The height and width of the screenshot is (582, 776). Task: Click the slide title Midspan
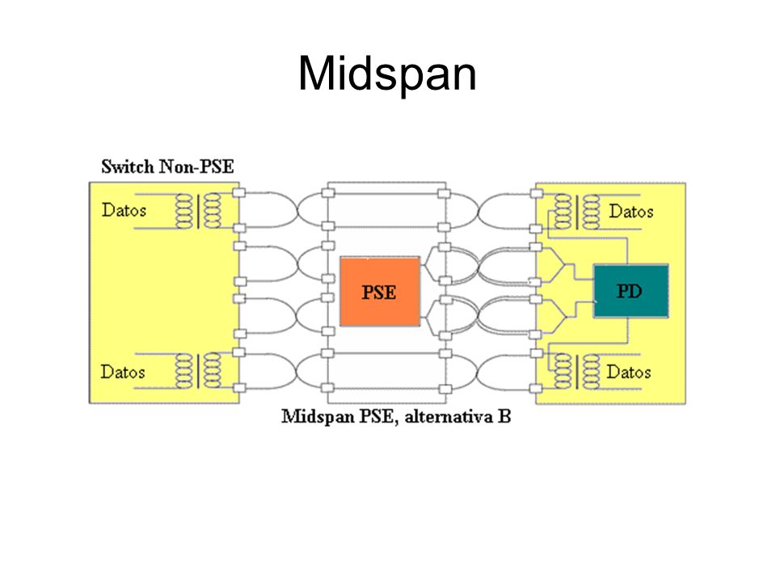click(387, 74)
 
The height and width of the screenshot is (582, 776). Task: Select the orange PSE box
click(380, 292)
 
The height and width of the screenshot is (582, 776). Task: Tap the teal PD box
click(630, 291)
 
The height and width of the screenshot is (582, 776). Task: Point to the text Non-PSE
click(196, 167)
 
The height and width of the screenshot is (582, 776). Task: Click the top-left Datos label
click(124, 210)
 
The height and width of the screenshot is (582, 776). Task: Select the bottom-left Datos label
click(123, 372)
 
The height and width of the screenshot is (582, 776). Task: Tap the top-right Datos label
click(631, 212)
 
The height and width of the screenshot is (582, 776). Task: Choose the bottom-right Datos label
click(629, 372)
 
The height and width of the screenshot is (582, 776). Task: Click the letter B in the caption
click(504, 417)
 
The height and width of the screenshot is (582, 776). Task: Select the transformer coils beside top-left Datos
click(198, 211)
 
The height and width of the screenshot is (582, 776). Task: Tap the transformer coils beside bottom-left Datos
click(198, 371)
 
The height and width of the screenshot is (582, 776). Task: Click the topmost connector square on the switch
click(239, 192)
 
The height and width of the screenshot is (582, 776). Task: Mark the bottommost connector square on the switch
click(239, 388)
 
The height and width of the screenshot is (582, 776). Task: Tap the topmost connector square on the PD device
click(537, 193)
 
